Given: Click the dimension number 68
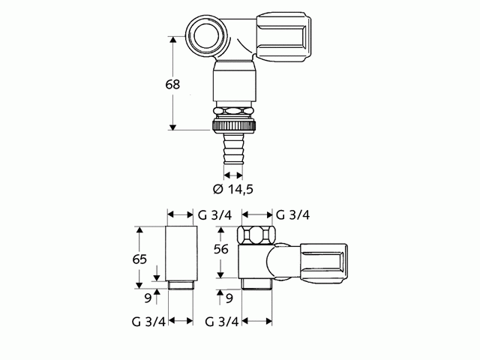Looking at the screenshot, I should [x=172, y=85].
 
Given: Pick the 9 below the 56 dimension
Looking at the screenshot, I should [x=229, y=298].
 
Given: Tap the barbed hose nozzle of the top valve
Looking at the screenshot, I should [x=233, y=150].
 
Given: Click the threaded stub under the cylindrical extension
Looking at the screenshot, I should [x=181, y=284].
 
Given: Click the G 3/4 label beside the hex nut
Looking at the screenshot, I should [x=292, y=214].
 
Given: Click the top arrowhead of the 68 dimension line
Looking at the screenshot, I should [x=173, y=39].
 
